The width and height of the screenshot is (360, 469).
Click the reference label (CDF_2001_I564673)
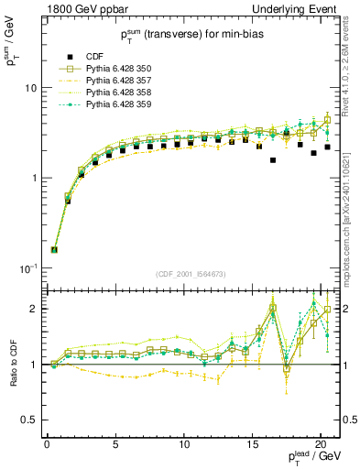pyautogui.click(x=191, y=275)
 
